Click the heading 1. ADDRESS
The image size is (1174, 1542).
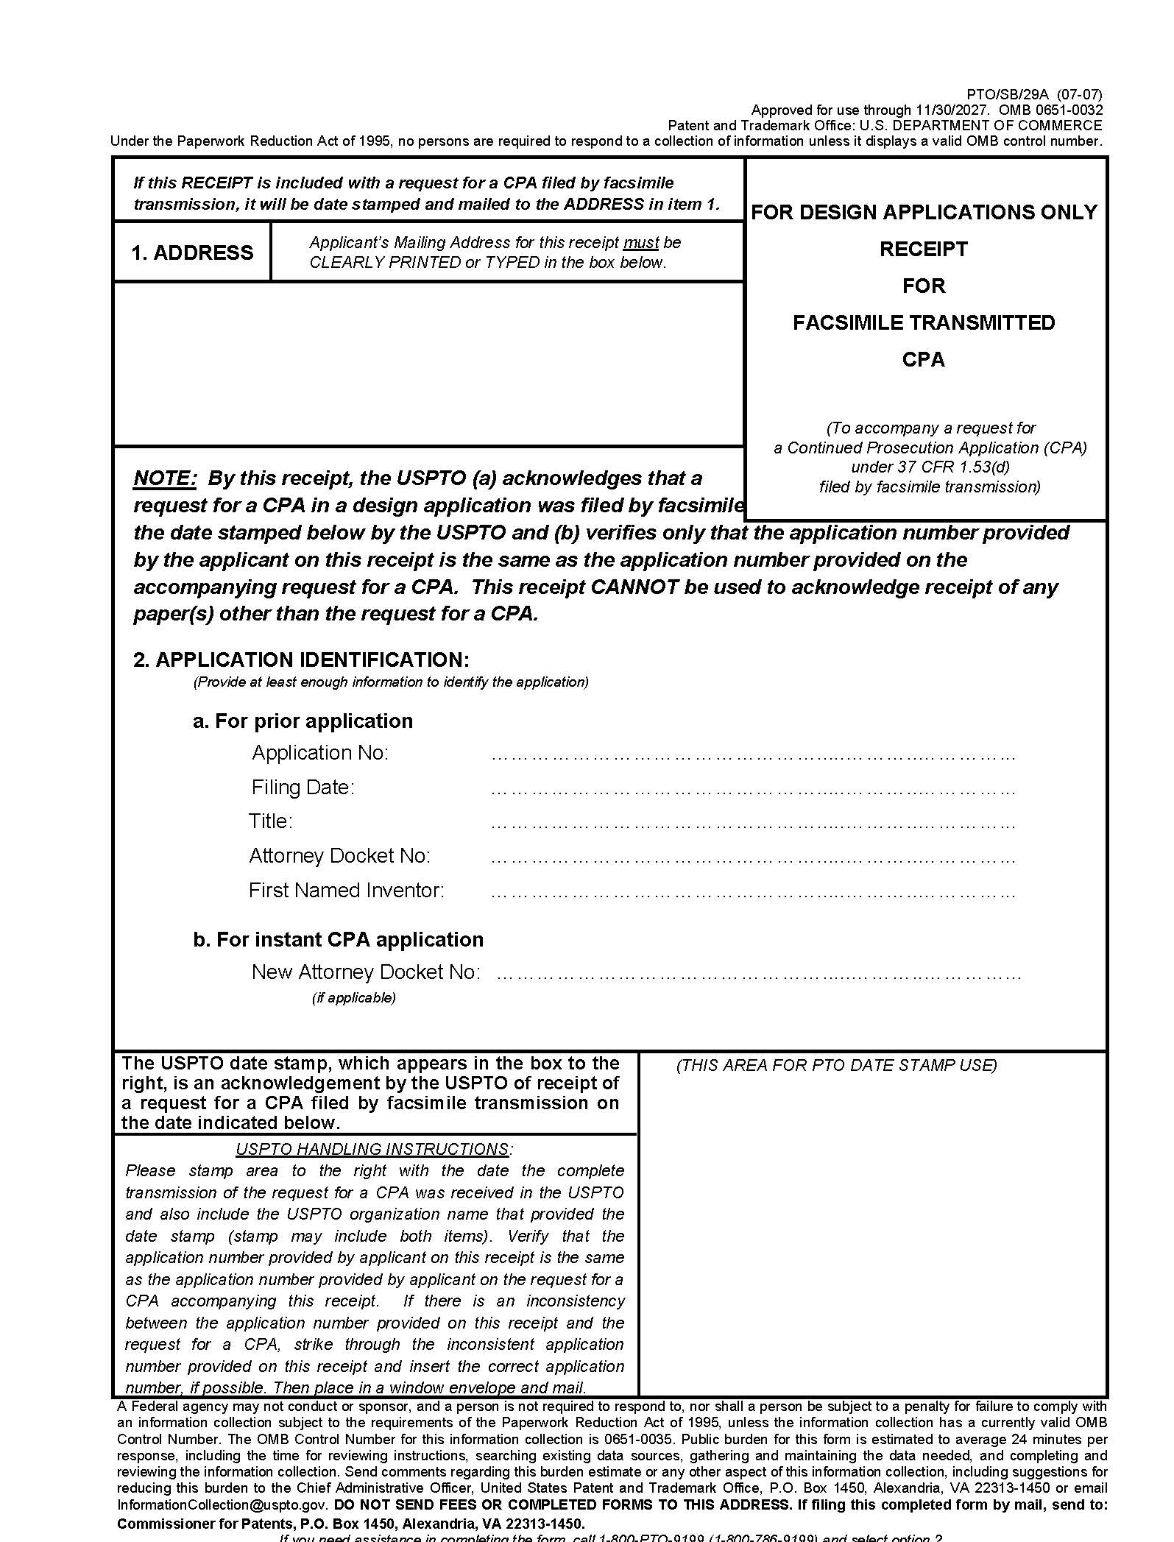pyautogui.click(x=192, y=252)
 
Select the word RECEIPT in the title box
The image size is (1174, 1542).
pyautogui.click(x=924, y=249)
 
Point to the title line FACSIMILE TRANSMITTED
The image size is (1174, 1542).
pyautogui.click(x=924, y=322)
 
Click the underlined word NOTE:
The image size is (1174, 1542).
pyautogui.click(x=165, y=478)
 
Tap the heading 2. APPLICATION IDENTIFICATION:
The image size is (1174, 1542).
pyautogui.click(x=301, y=659)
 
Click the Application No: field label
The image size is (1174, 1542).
pyautogui.click(x=319, y=752)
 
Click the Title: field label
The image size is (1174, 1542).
pyautogui.click(x=270, y=821)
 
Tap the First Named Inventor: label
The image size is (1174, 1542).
pyautogui.click(x=346, y=890)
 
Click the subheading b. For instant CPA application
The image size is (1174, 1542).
pyautogui.click(x=338, y=939)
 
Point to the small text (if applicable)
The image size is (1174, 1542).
pyautogui.click(x=353, y=997)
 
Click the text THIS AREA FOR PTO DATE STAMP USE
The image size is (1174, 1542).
pyautogui.click(x=836, y=1065)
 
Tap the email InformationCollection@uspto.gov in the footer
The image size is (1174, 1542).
pyautogui.click(x=222, y=1505)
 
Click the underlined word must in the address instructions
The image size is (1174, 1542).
pyautogui.click(x=640, y=243)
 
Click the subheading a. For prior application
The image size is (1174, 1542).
pyautogui.click(x=303, y=721)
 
